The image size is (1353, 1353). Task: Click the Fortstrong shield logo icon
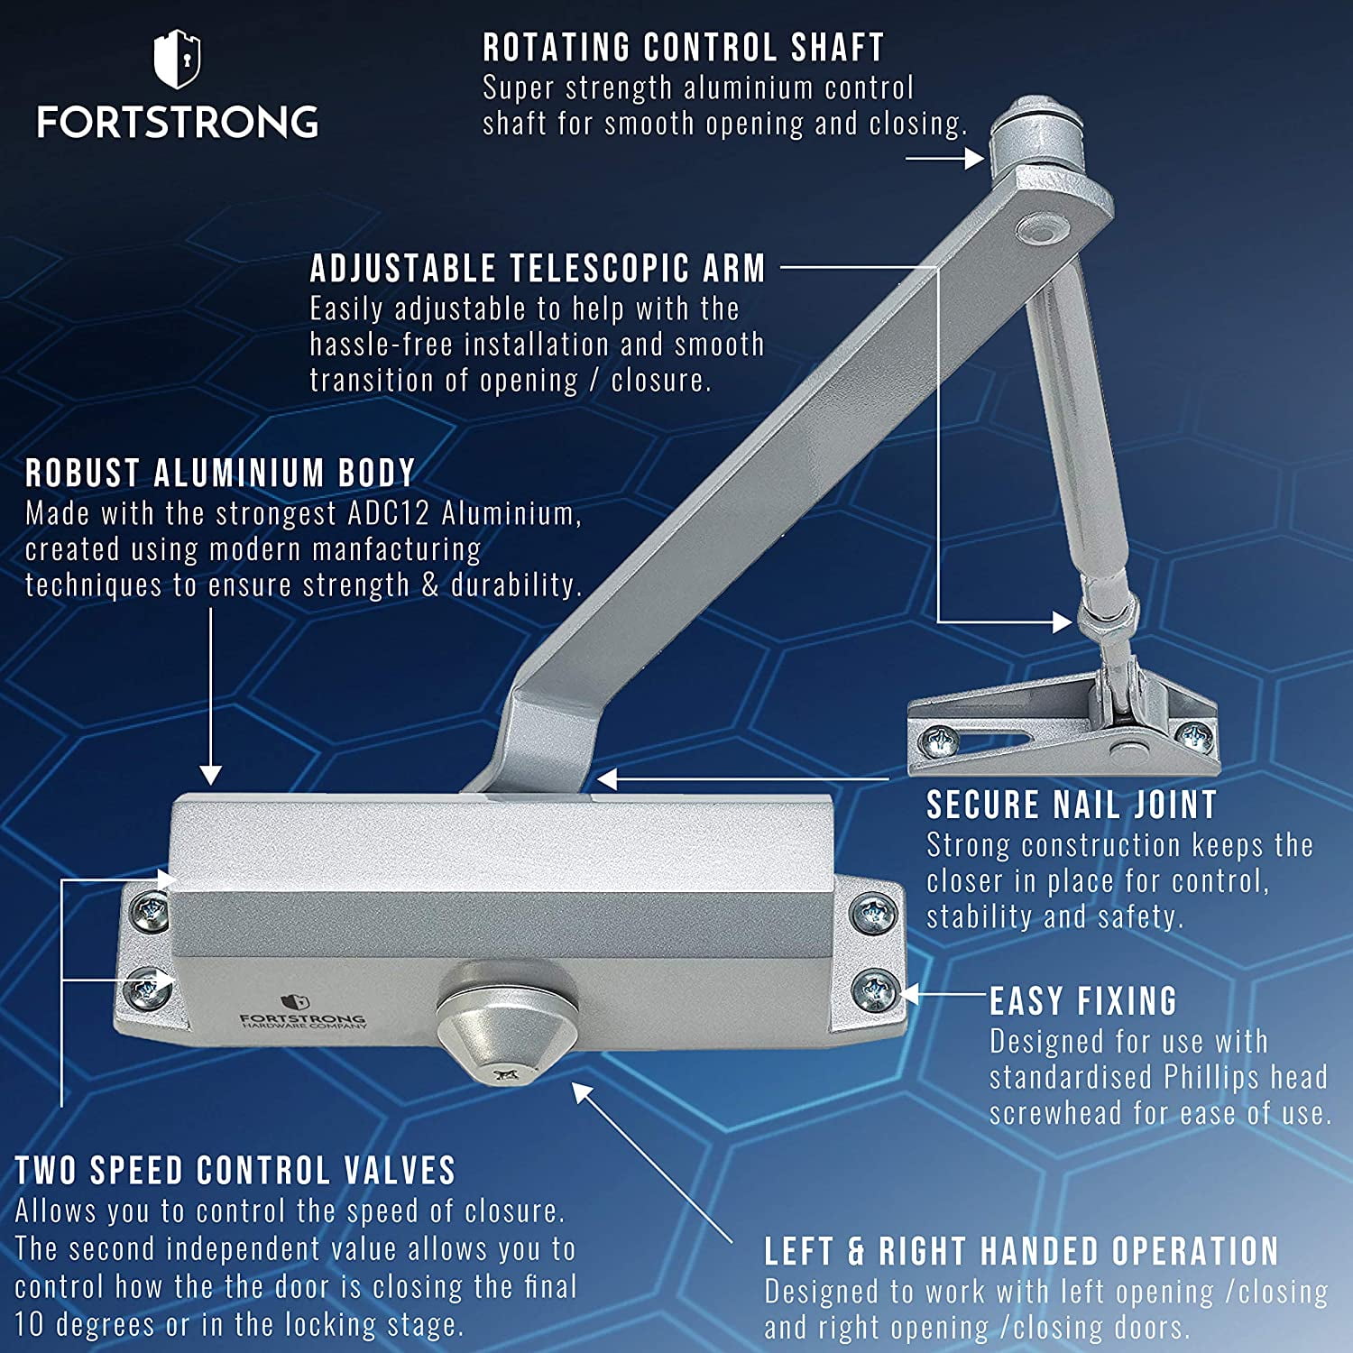click(177, 60)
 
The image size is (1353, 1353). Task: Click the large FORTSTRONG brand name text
click(178, 122)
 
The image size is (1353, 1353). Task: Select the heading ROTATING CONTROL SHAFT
click(683, 48)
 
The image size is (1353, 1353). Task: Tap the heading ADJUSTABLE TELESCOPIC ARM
click(538, 269)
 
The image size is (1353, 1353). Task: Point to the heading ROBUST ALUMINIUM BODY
click(220, 473)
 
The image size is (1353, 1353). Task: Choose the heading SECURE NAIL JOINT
click(1072, 805)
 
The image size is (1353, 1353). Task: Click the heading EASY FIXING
click(1083, 1001)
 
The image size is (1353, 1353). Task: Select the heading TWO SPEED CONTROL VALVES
click(235, 1171)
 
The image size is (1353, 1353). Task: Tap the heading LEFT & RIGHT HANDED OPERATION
click(1021, 1251)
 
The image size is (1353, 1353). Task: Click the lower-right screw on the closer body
click(873, 989)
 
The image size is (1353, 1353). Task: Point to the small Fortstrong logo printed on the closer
click(302, 1014)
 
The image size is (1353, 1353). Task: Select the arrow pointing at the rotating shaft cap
click(944, 159)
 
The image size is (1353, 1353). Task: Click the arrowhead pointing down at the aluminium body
click(210, 774)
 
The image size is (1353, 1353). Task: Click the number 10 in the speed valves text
click(29, 1324)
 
